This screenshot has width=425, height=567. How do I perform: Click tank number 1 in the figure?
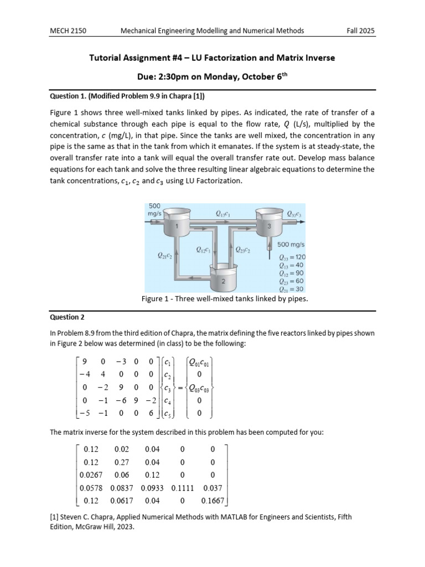pos(177,226)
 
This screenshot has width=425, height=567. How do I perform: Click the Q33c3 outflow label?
pos(294,213)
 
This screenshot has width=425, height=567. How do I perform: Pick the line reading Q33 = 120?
pos(293,257)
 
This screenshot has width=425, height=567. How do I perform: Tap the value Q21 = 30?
pos(293,288)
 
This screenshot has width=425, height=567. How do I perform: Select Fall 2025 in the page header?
pos(360,30)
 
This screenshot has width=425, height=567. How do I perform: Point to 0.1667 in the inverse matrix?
pos(212,501)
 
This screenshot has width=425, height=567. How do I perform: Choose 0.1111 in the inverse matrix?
pos(182,488)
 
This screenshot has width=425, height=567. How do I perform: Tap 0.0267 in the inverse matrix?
pos(90,475)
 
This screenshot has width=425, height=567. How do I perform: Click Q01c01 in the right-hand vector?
pos(200,363)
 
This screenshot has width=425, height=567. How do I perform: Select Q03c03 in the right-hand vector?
pos(200,389)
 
